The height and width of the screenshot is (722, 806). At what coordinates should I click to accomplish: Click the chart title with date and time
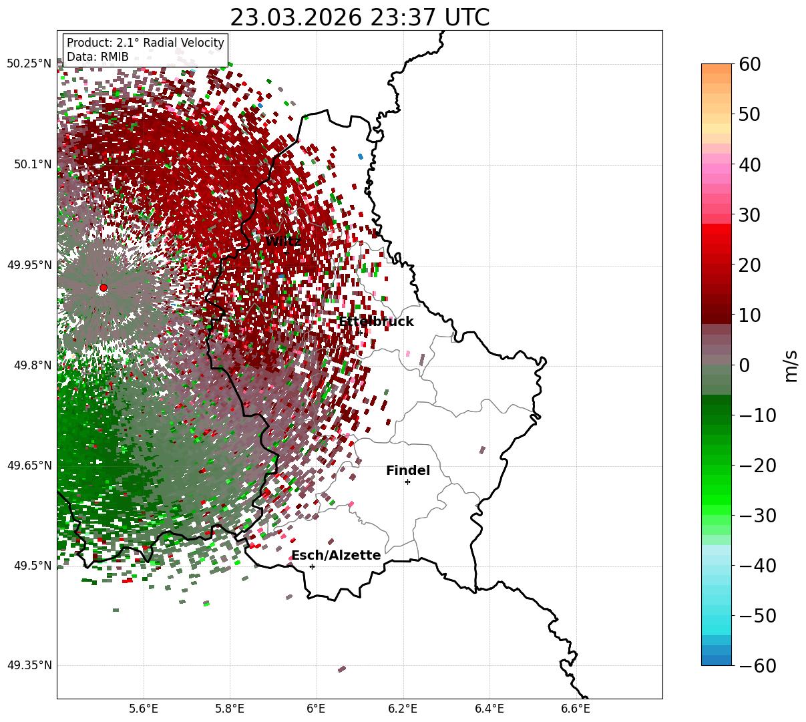pyautogui.click(x=359, y=17)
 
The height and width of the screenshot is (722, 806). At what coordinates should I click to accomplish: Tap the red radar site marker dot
pyautogui.click(x=104, y=288)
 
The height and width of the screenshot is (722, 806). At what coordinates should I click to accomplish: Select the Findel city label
pyautogui.click(x=407, y=471)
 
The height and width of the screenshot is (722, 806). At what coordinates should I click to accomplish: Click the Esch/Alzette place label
pyautogui.click(x=336, y=556)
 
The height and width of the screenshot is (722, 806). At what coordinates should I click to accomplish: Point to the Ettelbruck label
pyautogui.click(x=376, y=322)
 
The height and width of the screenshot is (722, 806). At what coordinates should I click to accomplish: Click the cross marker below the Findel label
pyautogui.click(x=407, y=482)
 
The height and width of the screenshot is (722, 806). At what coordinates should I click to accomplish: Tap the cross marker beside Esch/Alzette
pyautogui.click(x=312, y=566)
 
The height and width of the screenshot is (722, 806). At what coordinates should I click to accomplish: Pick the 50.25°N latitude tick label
pyautogui.click(x=29, y=64)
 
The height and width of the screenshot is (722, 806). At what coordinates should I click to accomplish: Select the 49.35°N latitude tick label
pyautogui.click(x=29, y=666)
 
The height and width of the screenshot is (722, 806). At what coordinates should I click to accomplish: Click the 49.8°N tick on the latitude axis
pyautogui.click(x=32, y=365)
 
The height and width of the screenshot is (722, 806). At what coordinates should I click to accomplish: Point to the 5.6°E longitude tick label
pyautogui.click(x=144, y=708)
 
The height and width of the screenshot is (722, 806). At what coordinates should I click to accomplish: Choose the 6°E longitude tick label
pyautogui.click(x=316, y=708)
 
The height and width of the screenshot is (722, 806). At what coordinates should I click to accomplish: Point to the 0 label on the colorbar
pyautogui.click(x=744, y=365)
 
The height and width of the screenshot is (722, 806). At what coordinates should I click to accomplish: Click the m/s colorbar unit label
pyautogui.click(x=791, y=365)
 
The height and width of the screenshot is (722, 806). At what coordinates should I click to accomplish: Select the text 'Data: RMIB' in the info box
pyautogui.click(x=97, y=57)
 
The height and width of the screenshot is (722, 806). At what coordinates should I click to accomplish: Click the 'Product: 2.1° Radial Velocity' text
pyautogui.click(x=146, y=43)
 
